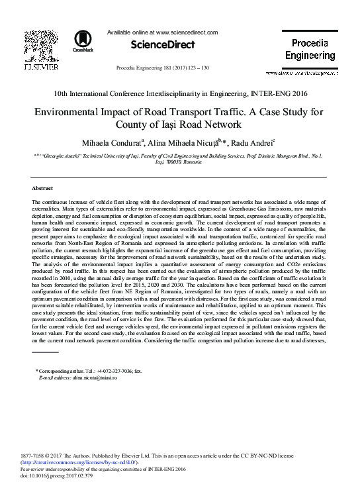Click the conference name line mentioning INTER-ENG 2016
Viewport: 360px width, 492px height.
(179, 95)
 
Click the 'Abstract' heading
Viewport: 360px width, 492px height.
(42, 188)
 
